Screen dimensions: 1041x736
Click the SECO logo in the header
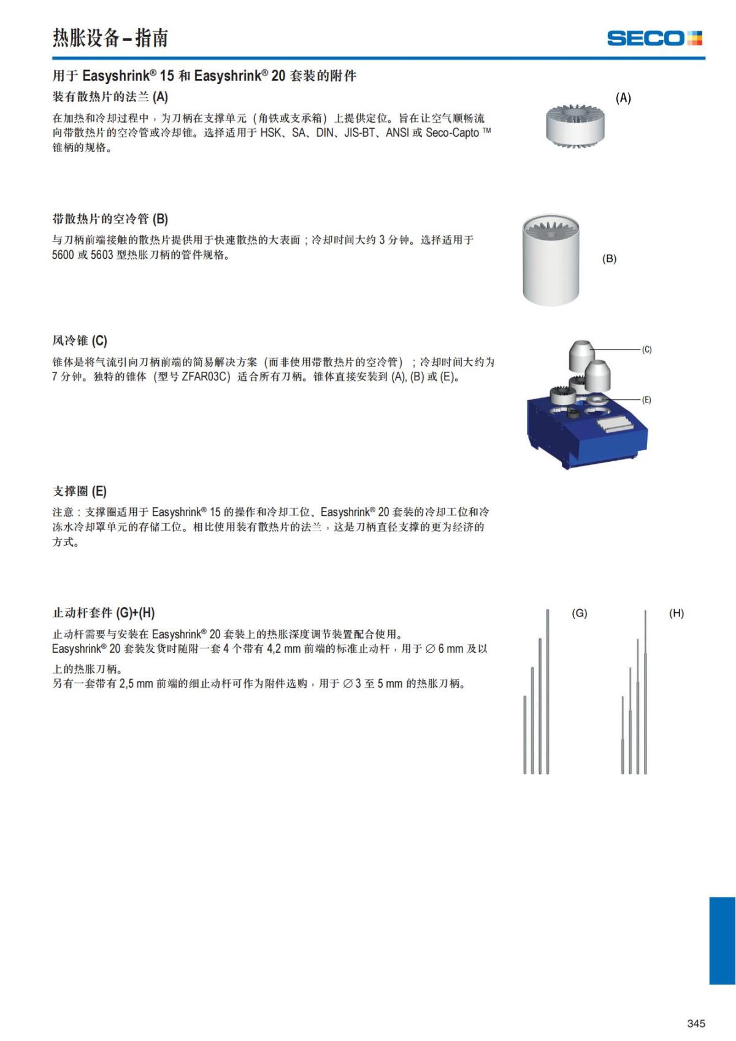click(x=654, y=38)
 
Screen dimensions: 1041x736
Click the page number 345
click(x=696, y=1023)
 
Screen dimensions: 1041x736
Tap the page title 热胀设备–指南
click(x=110, y=38)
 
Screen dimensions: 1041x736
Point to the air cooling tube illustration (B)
click(x=551, y=261)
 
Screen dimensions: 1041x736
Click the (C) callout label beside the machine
click(x=646, y=350)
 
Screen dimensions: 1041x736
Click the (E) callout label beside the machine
click(x=646, y=400)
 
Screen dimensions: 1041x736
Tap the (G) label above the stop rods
click(x=579, y=613)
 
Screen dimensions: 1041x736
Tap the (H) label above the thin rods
click(x=677, y=613)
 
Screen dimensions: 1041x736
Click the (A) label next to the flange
click(x=623, y=98)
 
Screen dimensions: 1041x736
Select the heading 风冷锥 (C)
click(x=80, y=340)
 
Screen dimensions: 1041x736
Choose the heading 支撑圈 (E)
click(x=80, y=491)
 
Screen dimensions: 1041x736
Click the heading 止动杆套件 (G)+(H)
click(x=104, y=613)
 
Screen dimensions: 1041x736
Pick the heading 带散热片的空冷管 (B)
click(x=110, y=219)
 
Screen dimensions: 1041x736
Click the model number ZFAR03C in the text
click(x=206, y=377)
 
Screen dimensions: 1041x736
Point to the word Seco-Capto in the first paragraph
click(x=453, y=133)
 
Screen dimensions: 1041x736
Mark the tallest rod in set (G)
click(x=547, y=690)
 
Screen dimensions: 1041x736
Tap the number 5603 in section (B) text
click(x=102, y=255)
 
